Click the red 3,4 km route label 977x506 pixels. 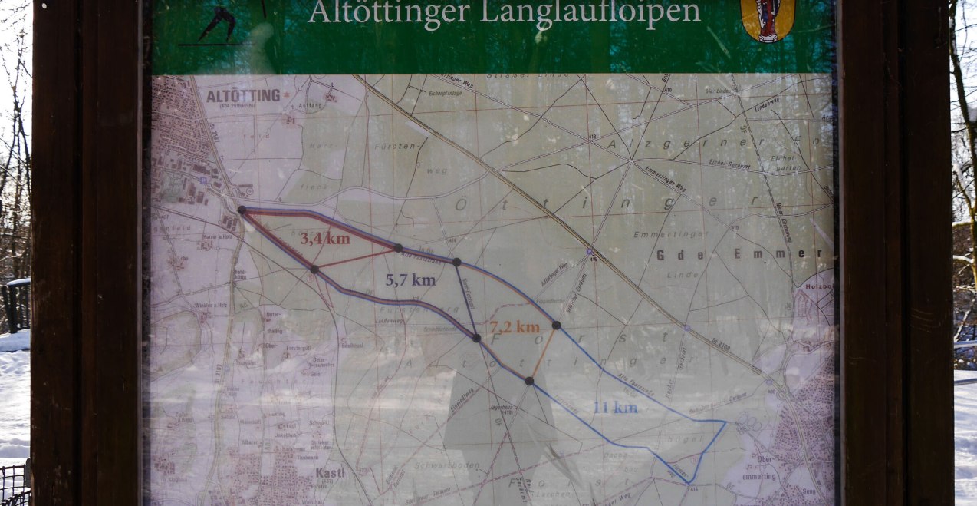[x=324, y=238]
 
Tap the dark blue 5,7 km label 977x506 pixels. [x=410, y=280]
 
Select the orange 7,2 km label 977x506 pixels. [x=515, y=328]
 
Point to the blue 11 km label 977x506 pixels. [x=614, y=408]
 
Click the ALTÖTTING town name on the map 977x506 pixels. [x=243, y=96]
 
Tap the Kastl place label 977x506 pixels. [x=330, y=473]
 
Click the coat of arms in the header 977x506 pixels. [x=768, y=18]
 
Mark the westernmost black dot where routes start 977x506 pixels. [x=242, y=210]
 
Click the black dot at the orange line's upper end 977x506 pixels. [x=556, y=325]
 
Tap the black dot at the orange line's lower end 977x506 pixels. [x=529, y=380]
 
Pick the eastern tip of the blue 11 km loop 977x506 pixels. [x=725, y=422]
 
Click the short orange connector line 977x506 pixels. [x=543, y=352]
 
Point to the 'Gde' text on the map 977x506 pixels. [x=669, y=255]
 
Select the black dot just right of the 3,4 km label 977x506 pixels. [x=397, y=247]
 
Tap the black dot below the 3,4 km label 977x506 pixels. [x=314, y=269]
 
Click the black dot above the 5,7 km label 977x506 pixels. [x=456, y=262]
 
